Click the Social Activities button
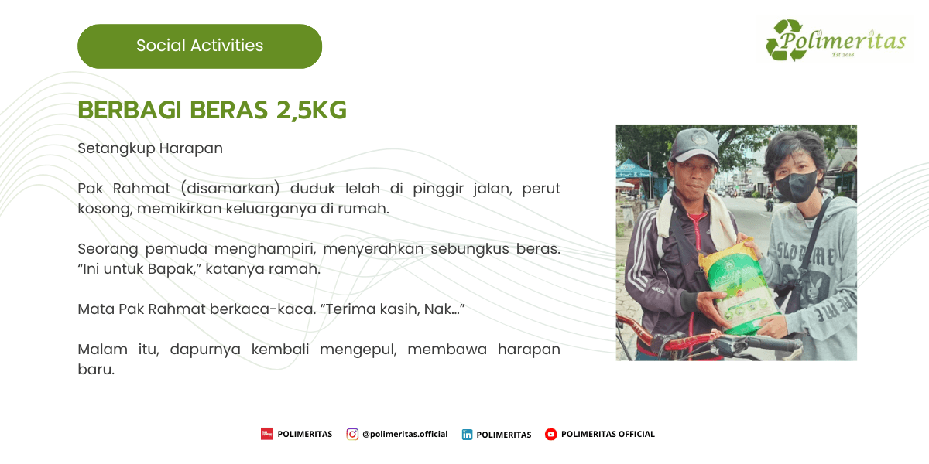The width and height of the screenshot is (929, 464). pyautogui.click(x=200, y=46)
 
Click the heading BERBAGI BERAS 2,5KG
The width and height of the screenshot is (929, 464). pyautogui.click(x=212, y=111)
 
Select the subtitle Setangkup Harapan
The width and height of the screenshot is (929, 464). pyautogui.click(x=150, y=148)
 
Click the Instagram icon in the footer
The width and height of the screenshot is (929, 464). pyautogui.click(x=352, y=434)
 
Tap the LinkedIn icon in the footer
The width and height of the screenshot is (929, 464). pyautogui.click(x=467, y=435)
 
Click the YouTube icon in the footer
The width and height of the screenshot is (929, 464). pyautogui.click(x=550, y=435)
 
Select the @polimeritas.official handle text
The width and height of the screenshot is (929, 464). pyautogui.click(x=405, y=435)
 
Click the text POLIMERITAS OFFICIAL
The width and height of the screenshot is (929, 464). pyautogui.click(x=608, y=435)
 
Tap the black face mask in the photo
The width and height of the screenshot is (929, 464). pyautogui.click(x=795, y=186)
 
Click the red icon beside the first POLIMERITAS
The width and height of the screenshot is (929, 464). pyautogui.click(x=267, y=434)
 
